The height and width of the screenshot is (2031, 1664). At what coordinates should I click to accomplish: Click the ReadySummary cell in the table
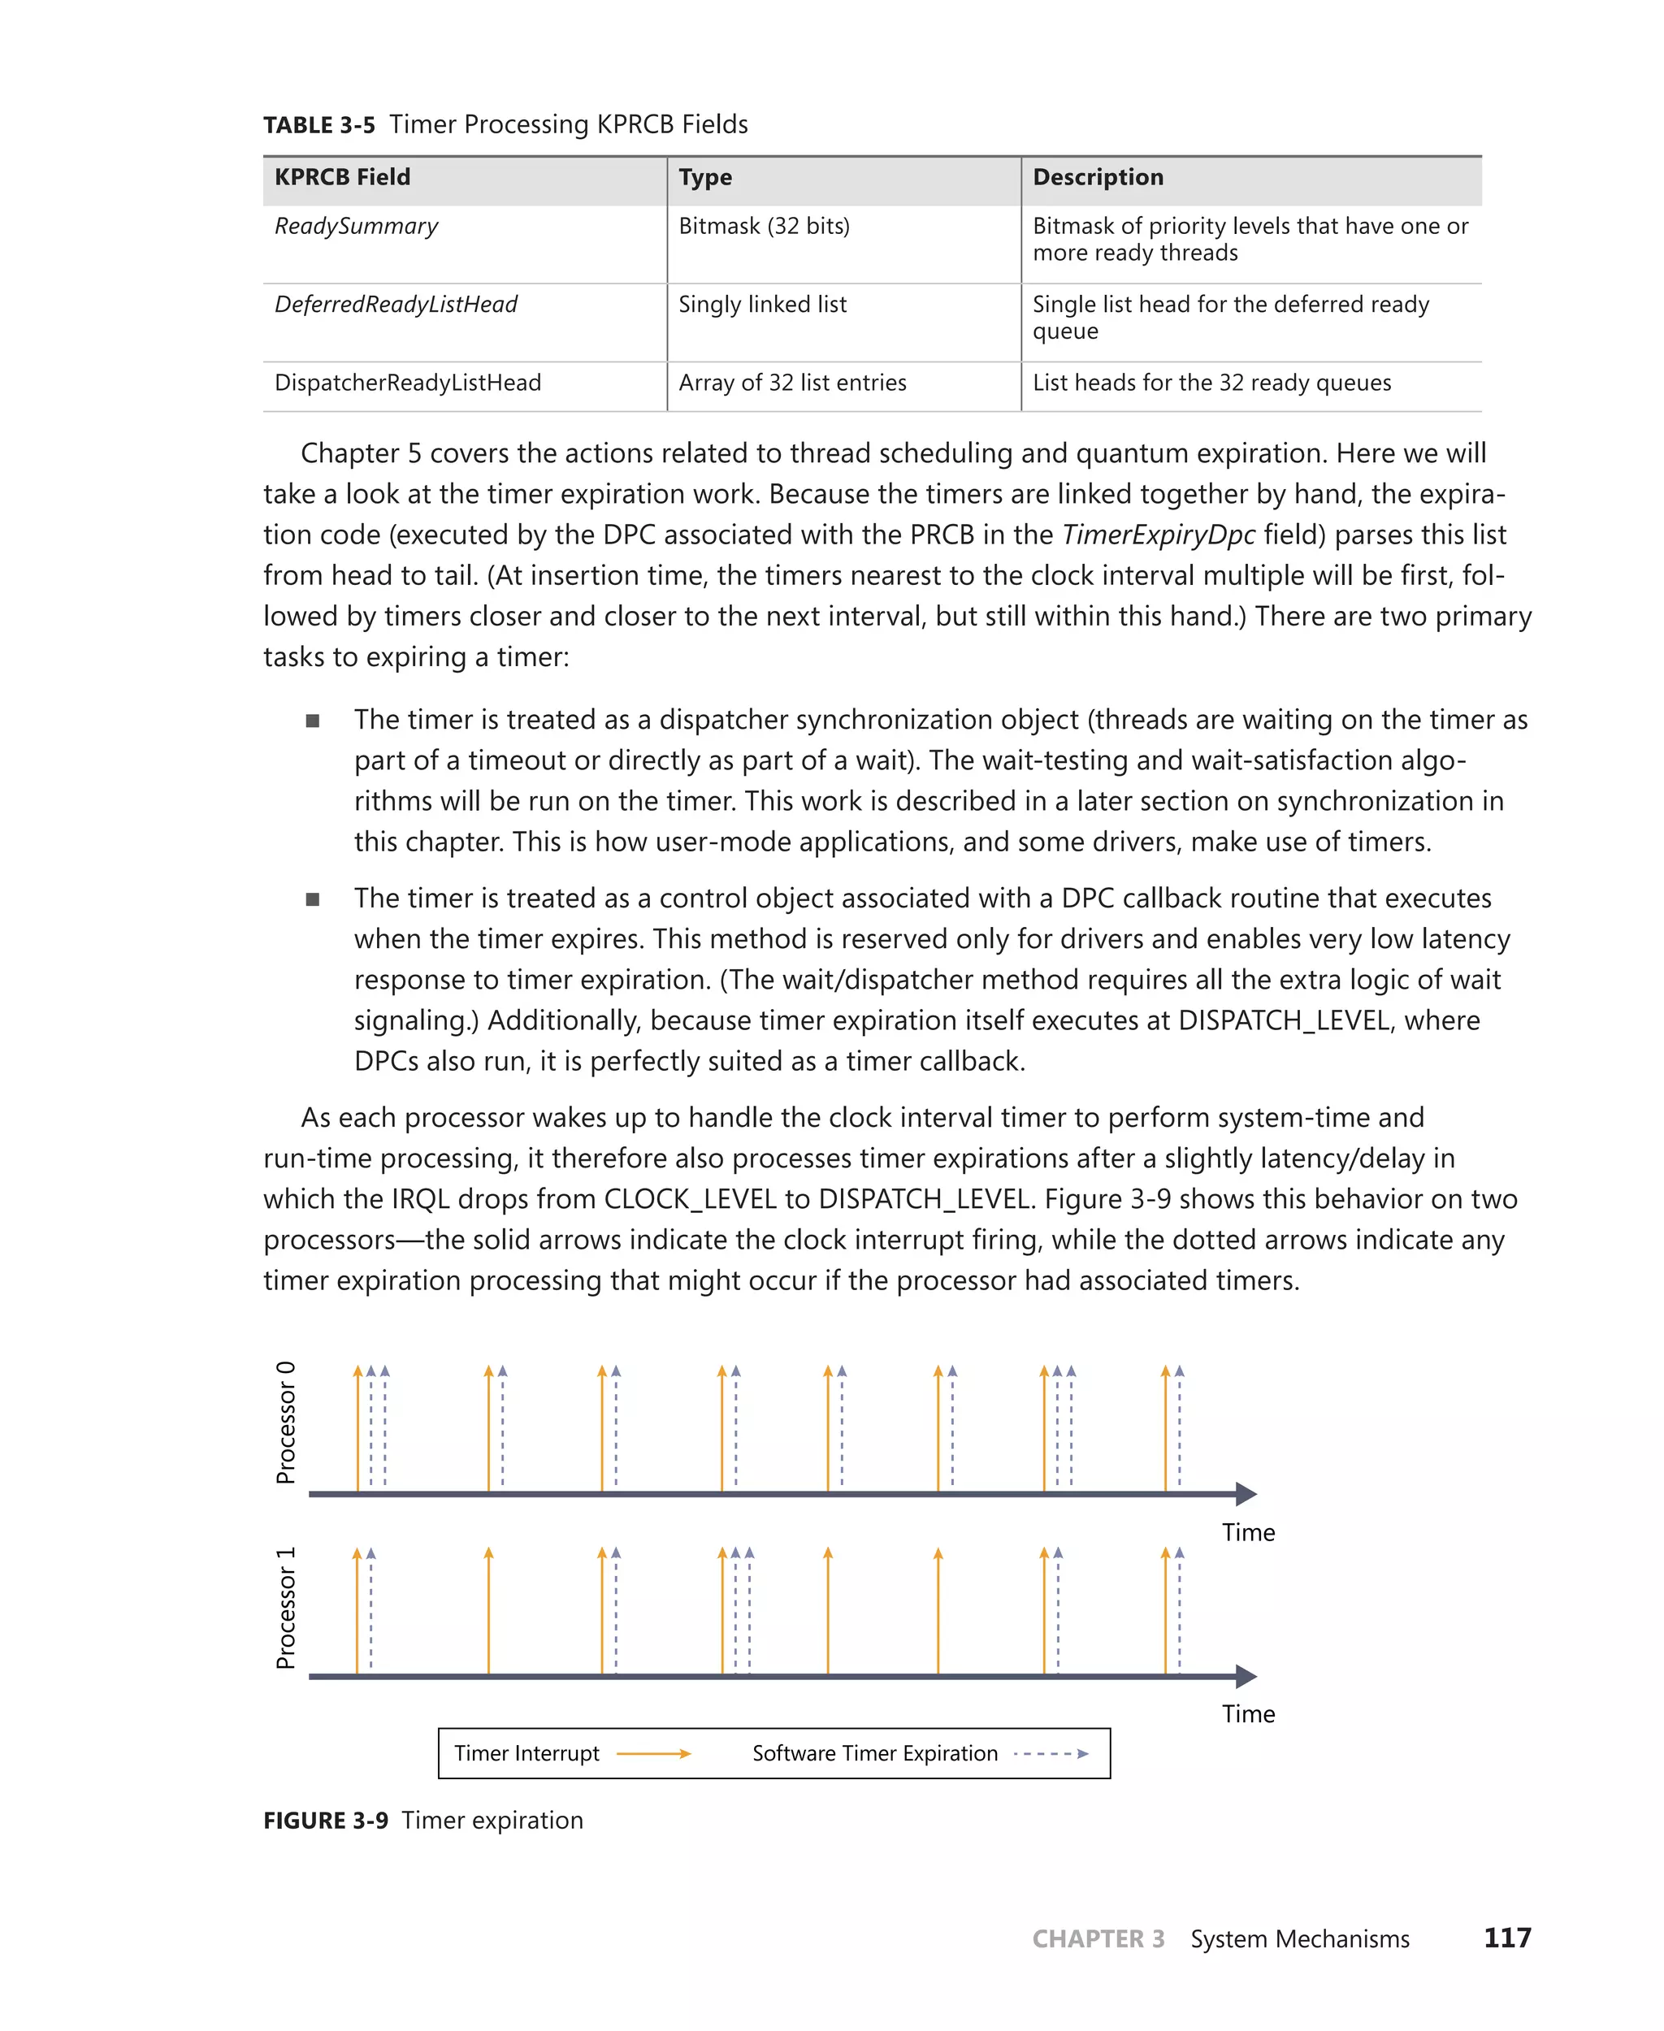tap(356, 226)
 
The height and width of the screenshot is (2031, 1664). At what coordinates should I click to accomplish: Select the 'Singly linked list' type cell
tap(762, 305)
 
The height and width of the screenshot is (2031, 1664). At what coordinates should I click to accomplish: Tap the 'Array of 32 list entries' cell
tap(791, 383)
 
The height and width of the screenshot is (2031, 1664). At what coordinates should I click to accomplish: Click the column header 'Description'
tap(1098, 177)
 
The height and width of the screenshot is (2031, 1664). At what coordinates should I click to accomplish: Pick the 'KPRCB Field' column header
tap(342, 177)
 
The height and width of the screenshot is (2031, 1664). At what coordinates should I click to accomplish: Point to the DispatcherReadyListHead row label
tap(407, 383)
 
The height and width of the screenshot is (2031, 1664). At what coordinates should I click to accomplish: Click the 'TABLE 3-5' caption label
tap(319, 126)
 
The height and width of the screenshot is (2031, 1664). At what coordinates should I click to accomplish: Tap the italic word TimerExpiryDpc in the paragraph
tap(1158, 535)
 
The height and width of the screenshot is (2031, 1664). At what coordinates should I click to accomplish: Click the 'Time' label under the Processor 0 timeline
tap(1248, 1533)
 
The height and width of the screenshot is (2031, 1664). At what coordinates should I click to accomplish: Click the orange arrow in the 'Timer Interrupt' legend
tap(654, 1754)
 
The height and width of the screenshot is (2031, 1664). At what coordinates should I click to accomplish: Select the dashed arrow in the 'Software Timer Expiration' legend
tap(1051, 1754)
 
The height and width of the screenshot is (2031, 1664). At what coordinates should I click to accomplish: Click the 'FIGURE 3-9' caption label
tap(326, 1821)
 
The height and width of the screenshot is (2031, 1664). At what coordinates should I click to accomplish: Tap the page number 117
tap(1507, 1938)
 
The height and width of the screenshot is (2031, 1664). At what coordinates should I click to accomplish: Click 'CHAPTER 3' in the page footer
tap(1098, 1939)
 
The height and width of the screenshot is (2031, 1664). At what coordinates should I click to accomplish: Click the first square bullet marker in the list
tap(313, 721)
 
